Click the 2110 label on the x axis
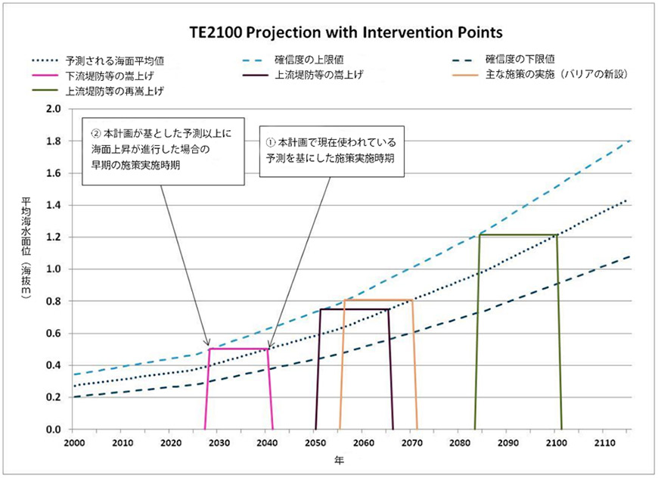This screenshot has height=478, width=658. (604, 442)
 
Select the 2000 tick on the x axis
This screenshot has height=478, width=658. (73, 442)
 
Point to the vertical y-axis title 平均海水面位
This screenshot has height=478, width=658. (27, 227)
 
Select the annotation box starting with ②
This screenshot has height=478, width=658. (163, 150)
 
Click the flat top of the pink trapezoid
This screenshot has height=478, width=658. (238, 349)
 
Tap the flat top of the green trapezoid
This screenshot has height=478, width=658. (518, 235)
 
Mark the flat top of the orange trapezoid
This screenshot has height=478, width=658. (378, 300)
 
